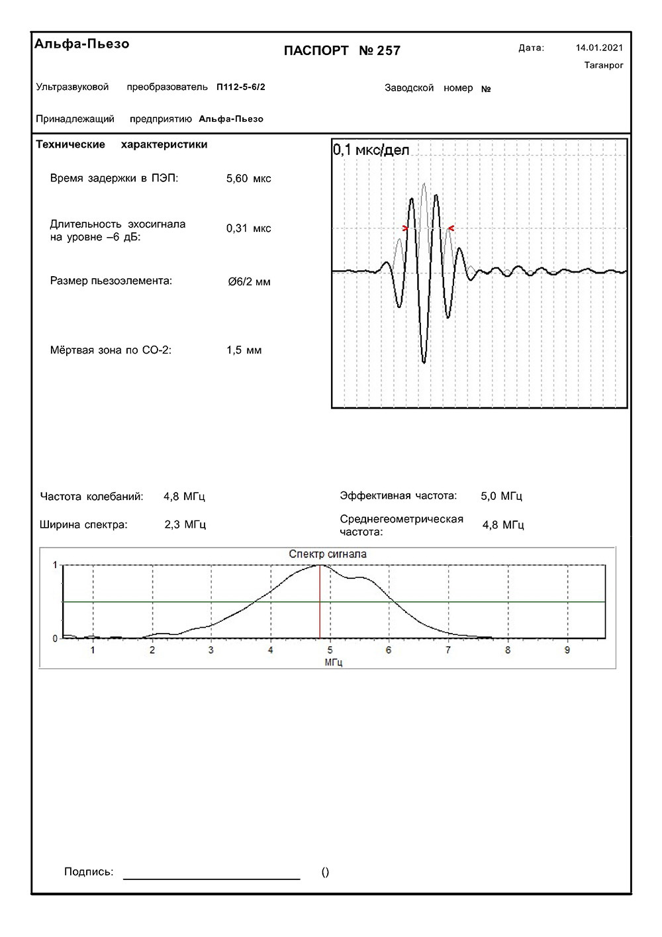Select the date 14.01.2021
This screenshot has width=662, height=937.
(599, 48)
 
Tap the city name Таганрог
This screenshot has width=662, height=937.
(604, 66)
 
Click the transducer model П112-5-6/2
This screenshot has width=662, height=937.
(241, 87)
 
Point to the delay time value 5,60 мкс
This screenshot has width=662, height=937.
(248, 179)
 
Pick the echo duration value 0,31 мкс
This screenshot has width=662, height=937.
(248, 228)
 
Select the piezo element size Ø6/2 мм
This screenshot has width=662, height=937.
(249, 282)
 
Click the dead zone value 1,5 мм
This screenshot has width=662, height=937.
(244, 350)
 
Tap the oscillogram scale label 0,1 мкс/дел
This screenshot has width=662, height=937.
(371, 150)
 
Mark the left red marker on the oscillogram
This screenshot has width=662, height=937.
(405, 228)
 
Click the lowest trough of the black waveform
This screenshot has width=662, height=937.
(424, 362)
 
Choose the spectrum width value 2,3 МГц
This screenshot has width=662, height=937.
(185, 525)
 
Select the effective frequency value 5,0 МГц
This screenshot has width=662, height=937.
(501, 496)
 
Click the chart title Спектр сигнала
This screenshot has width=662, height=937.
(327, 554)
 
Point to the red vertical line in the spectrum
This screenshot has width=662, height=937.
(320, 603)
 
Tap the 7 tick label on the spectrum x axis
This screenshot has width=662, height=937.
(448, 650)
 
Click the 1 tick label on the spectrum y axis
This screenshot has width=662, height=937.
(55, 566)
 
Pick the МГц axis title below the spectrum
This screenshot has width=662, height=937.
(333, 662)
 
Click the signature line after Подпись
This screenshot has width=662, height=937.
(211, 878)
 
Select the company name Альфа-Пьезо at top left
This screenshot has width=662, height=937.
(82, 44)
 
